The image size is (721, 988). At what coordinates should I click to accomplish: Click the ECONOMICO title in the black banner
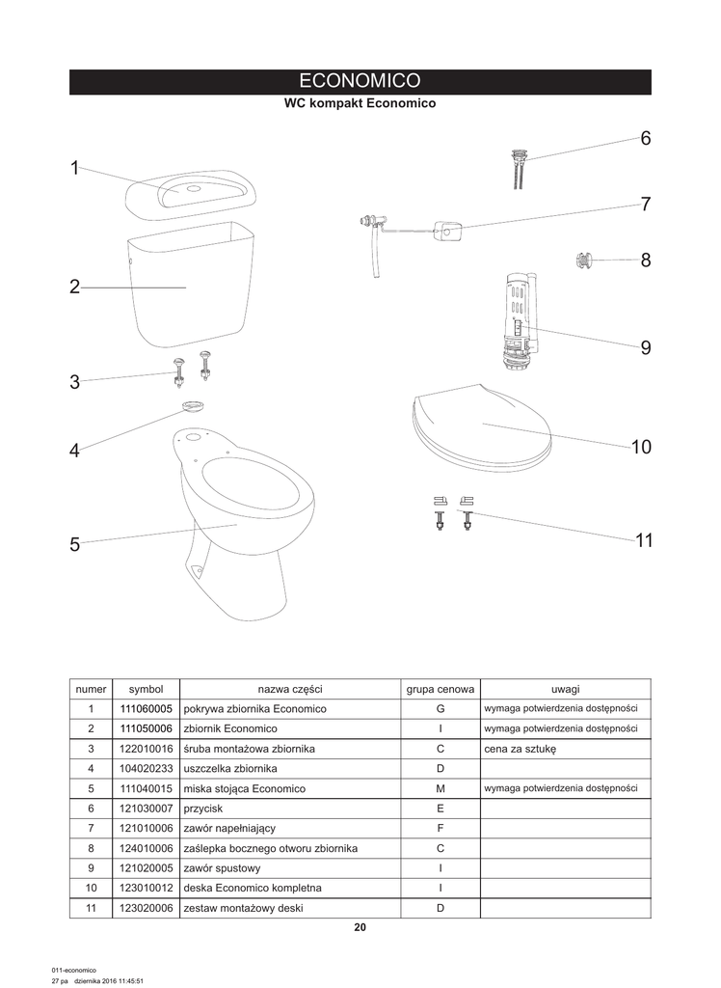(x=360, y=81)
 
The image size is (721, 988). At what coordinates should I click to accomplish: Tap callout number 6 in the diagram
(x=645, y=138)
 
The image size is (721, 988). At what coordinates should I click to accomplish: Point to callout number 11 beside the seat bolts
(x=644, y=540)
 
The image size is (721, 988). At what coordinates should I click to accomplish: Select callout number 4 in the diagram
(x=75, y=451)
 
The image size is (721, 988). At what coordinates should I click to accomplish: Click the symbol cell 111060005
(x=146, y=708)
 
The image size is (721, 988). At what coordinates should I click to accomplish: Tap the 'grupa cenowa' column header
(x=440, y=689)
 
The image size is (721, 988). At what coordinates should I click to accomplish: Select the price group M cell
(x=440, y=788)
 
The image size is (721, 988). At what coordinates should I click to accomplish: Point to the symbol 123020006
(x=146, y=908)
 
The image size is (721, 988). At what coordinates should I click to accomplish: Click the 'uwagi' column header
(x=565, y=689)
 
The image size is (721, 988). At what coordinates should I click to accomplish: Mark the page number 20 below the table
(x=360, y=927)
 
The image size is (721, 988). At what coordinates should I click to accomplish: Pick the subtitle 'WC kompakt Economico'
(x=360, y=103)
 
